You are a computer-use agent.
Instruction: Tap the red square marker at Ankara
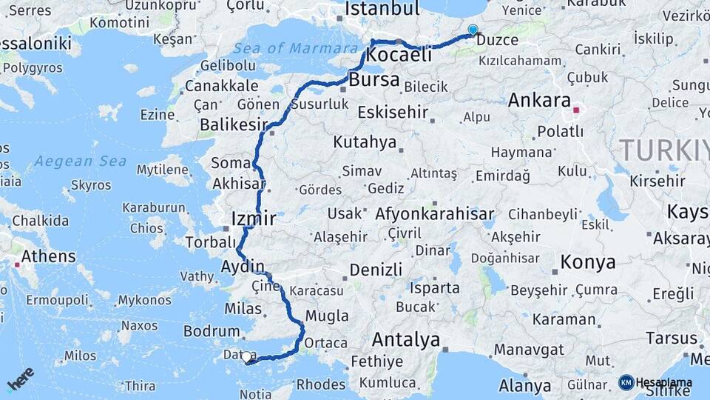coord(577,110)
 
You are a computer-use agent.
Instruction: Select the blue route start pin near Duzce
coord(473,30)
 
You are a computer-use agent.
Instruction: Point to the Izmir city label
coord(253,219)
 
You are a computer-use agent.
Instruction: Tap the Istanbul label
coord(382,9)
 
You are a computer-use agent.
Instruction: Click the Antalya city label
coord(406,340)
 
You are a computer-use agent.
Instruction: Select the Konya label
coord(588,262)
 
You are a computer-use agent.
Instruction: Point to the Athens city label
coord(49,256)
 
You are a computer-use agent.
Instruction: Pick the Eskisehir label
coord(393,113)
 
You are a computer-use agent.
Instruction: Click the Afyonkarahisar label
coord(435,214)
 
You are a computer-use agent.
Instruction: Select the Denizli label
coord(376,269)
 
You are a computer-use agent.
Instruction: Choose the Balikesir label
coord(232,124)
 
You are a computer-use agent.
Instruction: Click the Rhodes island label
coord(320,384)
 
